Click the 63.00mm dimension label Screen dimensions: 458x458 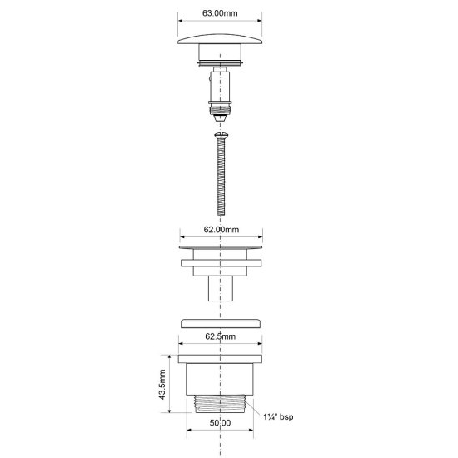pos(220,13)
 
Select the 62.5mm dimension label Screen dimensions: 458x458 pos(221,338)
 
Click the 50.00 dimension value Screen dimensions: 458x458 pos(221,446)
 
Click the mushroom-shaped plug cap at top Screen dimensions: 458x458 pos(221,41)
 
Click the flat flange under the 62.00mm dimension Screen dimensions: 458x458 pos(221,248)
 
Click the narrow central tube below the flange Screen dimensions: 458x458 pos(221,290)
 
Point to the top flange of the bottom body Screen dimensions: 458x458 pos(221,359)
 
